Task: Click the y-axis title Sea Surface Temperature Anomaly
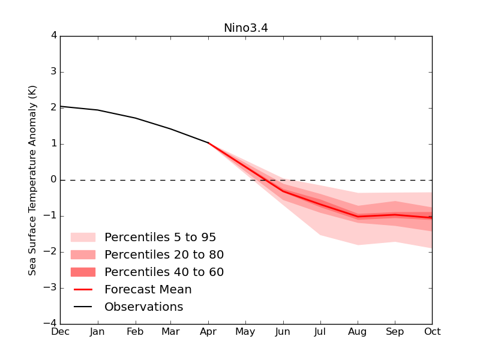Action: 33,180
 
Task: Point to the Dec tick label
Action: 60,332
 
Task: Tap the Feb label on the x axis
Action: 134,332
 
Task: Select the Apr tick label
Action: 208,332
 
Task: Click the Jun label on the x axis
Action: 283,332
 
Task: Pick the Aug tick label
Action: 358,332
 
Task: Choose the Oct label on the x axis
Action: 431,332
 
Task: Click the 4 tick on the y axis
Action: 53,36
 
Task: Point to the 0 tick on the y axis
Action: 53,180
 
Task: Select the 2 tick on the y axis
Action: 53,108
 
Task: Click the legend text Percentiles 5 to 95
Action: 160,238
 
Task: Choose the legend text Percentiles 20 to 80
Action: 164,255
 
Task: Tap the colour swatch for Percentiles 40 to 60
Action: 83,272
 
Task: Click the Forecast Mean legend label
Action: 148,290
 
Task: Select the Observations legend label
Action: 144,307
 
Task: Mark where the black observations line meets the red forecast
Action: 208,143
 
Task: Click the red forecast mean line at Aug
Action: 358,217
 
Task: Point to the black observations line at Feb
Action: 134,118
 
